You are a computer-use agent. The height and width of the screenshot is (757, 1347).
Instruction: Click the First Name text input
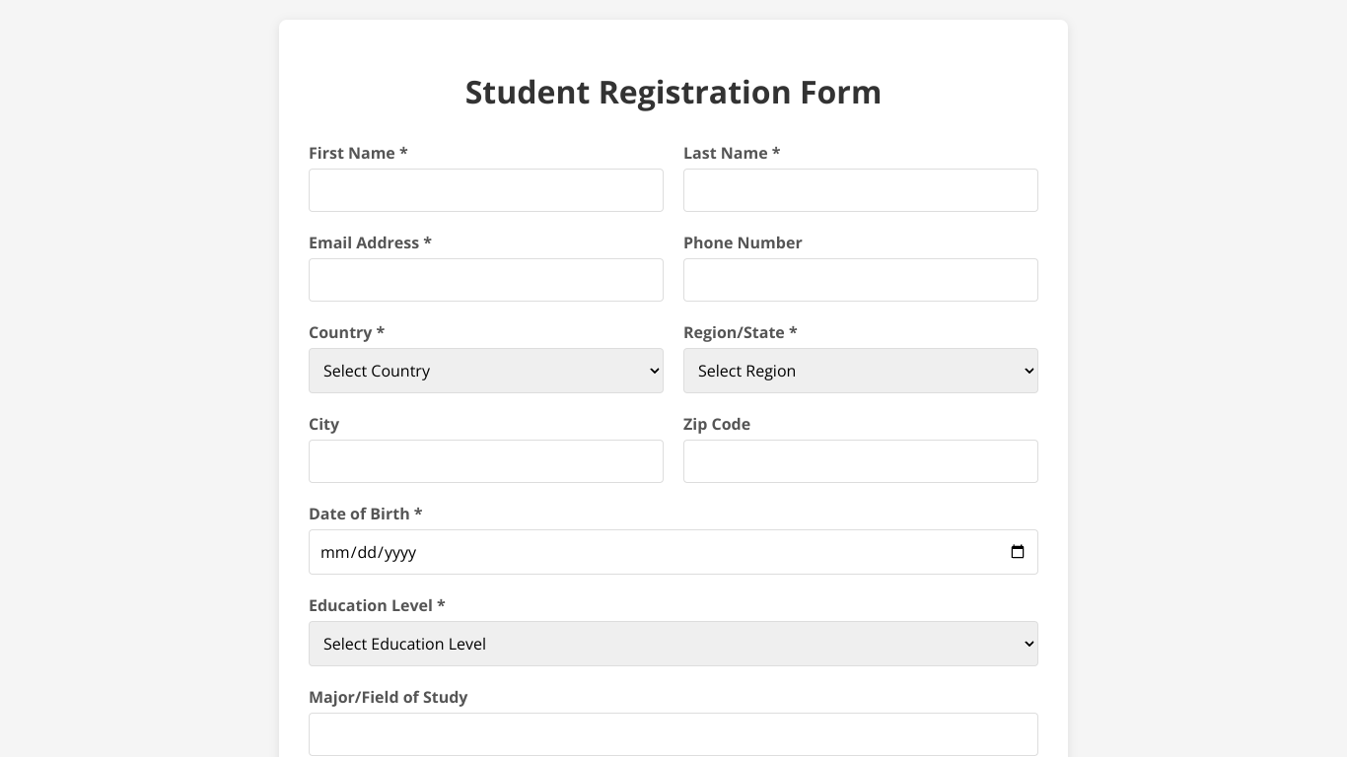[x=485, y=190]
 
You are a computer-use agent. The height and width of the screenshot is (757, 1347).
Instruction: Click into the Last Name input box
[x=860, y=190]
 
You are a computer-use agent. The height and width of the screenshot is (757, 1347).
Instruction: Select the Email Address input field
[x=485, y=280]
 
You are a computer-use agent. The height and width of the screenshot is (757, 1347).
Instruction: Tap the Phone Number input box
[x=860, y=280]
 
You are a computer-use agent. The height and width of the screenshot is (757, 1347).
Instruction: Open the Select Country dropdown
[x=485, y=371]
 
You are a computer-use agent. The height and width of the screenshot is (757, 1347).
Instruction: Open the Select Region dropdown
[x=860, y=371]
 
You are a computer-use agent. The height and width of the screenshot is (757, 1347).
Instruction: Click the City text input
[x=485, y=461]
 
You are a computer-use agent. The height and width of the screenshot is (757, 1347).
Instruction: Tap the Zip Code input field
[x=860, y=461]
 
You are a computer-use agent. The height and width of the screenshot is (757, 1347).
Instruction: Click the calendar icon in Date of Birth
[x=1018, y=552]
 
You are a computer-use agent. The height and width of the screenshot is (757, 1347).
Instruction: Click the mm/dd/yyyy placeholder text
[x=369, y=553]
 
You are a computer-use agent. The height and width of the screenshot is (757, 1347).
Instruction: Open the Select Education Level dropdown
[x=673, y=644]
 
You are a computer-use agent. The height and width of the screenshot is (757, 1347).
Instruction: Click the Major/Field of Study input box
[x=673, y=734]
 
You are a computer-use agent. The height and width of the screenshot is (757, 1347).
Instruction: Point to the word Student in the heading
[x=528, y=93]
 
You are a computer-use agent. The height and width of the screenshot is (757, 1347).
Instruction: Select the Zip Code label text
[x=717, y=424]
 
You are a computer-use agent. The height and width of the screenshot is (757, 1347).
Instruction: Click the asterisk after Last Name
[x=776, y=152]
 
